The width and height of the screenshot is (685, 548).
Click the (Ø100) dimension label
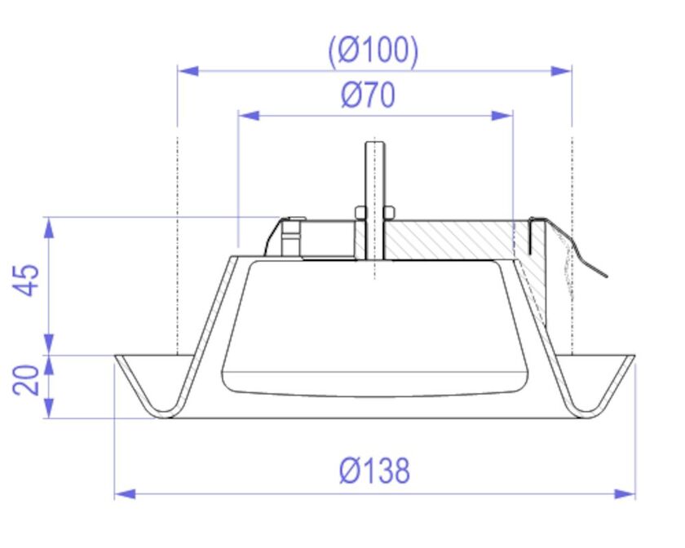[x=374, y=51]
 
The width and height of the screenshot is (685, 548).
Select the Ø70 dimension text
[x=369, y=96]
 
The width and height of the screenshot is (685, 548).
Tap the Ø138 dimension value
[x=374, y=471]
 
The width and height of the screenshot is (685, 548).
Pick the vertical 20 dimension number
[x=29, y=380]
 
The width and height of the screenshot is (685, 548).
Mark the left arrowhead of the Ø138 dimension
[x=125, y=493]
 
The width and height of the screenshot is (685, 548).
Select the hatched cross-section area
[x=457, y=241]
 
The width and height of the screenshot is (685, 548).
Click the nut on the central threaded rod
[x=374, y=214]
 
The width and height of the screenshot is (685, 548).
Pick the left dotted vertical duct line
[x=178, y=245]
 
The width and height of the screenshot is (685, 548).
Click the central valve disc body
[x=374, y=326]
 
